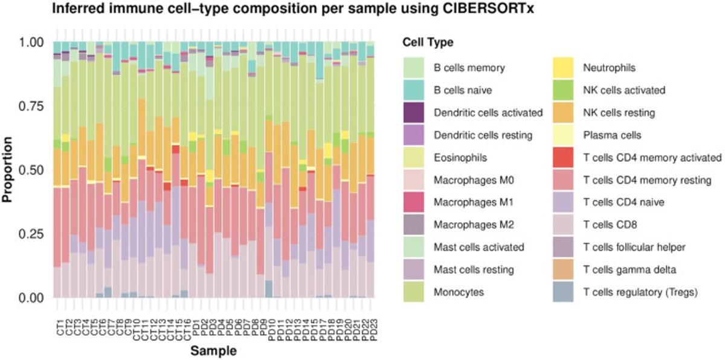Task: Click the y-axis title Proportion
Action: (x=10, y=170)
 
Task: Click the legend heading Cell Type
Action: (x=428, y=43)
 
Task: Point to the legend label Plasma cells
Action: (x=611, y=135)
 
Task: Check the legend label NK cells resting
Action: (x=618, y=112)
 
